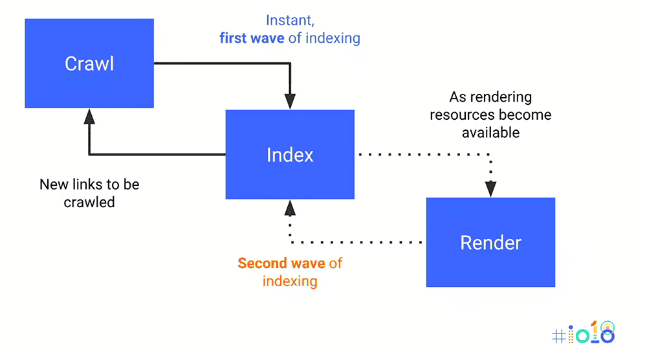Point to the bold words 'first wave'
pyautogui.click(x=252, y=38)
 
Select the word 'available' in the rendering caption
pyautogui.click(x=490, y=133)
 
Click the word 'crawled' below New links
pyautogui.click(x=89, y=202)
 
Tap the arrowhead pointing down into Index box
pyautogui.click(x=290, y=102)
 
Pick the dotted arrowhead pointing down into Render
pyautogui.click(x=490, y=188)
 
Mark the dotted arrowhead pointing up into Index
pyautogui.click(x=290, y=208)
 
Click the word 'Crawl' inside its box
pyautogui.click(x=89, y=63)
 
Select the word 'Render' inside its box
pyautogui.click(x=490, y=243)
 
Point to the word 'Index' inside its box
pyautogui.click(x=290, y=155)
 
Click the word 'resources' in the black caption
pyautogui.click(x=458, y=115)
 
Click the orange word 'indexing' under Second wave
pyautogui.click(x=290, y=281)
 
